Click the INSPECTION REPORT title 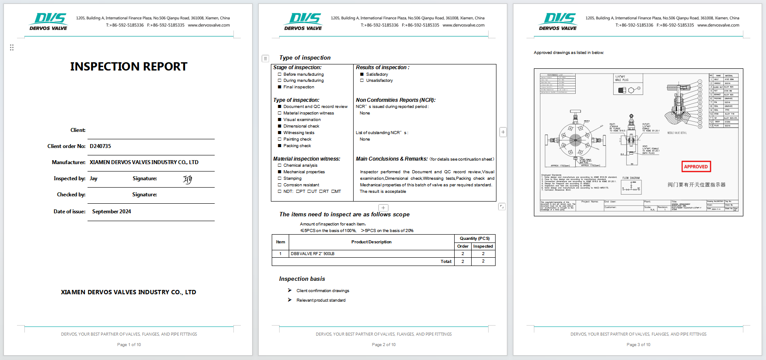pyautogui.click(x=129, y=67)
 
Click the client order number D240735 pyautogui.click(x=100, y=146)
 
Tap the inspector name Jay pyautogui.click(x=94, y=178)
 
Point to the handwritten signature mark pyautogui.click(x=187, y=179)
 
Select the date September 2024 pyautogui.click(x=111, y=212)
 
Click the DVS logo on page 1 pyautogui.click(x=49, y=21)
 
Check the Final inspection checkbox pyautogui.click(x=280, y=87)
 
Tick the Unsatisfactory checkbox pyautogui.click(x=362, y=81)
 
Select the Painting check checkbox pyautogui.click(x=280, y=139)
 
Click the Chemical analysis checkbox pyautogui.click(x=280, y=165)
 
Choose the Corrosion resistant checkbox pyautogui.click(x=280, y=185)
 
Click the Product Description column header pyautogui.click(x=371, y=242)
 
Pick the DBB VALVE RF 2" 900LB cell pyautogui.click(x=313, y=254)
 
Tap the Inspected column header pyautogui.click(x=483, y=246)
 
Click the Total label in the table pyautogui.click(x=446, y=262)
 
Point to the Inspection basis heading pyautogui.click(x=302, y=279)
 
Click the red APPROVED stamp pyautogui.click(x=696, y=167)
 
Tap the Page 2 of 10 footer pyautogui.click(x=384, y=345)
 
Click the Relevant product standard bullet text pyautogui.click(x=321, y=300)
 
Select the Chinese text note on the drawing pyautogui.click(x=696, y=185)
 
